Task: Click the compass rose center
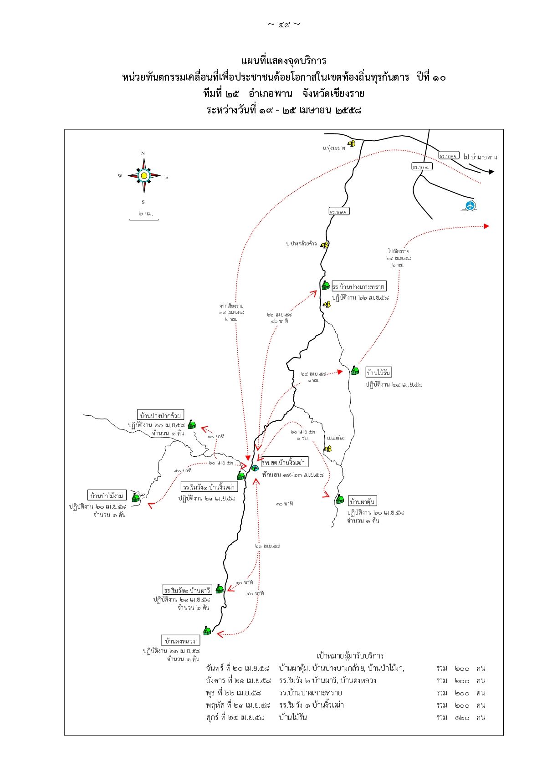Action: pyautogui.click(x=144, y=175)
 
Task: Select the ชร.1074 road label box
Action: pyautogui.click(x=421, y=167)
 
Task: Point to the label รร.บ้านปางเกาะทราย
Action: pyautogui.click(x=359, y=286)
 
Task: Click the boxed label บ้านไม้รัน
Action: pyautogui.click(x=378, y=372)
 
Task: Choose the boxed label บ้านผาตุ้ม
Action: pyautogui.click(x=363, y=501)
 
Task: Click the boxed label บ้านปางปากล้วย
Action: pyautogui.click(x=161, y=415)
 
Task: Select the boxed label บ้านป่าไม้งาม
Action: pyautogui.click(x=107, y=495)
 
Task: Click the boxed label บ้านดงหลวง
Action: pyautogui.click(x=180, y=640)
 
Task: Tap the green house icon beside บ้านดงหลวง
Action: pyautogui.click(x=207, y=631)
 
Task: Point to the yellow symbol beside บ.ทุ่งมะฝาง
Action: pyautogui.click(x=351, y=144)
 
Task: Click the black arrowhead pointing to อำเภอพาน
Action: pyautogui.click(x=491, y=172)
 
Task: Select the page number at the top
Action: pyautogui.click(x=284, y=24)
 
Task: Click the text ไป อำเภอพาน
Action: pyautogui.click(x=480, y=157)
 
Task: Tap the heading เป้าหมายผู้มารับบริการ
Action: pyautogui.click(x=350, y=656)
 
